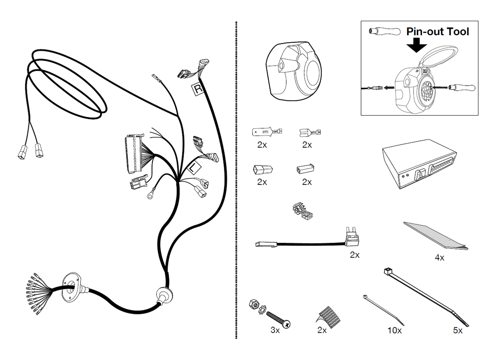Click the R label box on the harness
pos(198,89)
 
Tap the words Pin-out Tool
pos(437,32)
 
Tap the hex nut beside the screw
pos(253,305)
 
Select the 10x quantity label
pos(394,330)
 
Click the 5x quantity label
pos(458,330)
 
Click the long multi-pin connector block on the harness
pos(132,154)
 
